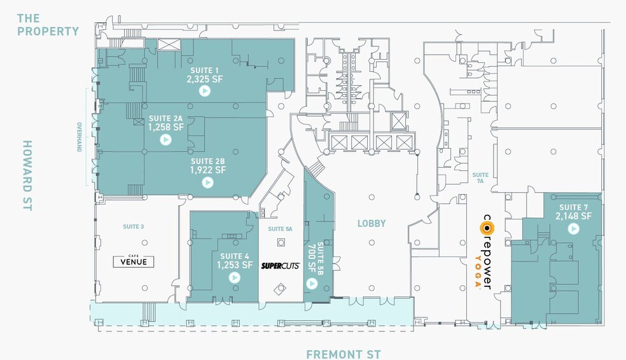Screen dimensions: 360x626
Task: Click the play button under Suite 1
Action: pyautogui.click(x=204, y=91)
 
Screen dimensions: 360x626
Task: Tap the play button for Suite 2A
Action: pyautogui.click(x=165, y=139)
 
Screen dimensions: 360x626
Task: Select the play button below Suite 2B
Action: pyautogui.click(x=207, y=182)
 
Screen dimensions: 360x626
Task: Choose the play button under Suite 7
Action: pyautogui.click(x=573, y=228)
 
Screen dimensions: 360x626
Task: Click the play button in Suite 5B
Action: pyautogui.click(x=311, y=280)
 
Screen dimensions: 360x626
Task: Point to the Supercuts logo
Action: pyautogui.click(x=281, y=266)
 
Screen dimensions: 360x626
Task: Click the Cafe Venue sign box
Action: pyautogui.click(x=133, y=261)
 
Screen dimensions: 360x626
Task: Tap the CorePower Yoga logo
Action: pyautogui.click(x=487, y=252)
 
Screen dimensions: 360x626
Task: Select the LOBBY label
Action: pyautogui.click(x=372, y=223)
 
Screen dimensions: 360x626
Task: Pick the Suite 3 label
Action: pyautogui.click(x=133, y=226)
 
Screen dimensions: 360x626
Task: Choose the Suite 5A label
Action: pyautogui.click(x=280, y=229)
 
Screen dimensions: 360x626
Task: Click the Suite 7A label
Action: pyautogui.click(x=480, y=177)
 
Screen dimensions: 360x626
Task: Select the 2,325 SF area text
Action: pyautogui.click(x=203, y=80)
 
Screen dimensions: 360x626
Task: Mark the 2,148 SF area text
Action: pyautogui.click(x=574, y=216)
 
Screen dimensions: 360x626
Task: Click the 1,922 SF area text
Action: pyautogui.click(x=208, y=170)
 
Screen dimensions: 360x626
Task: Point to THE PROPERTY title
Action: pyautogui.click(x=48, y=24)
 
